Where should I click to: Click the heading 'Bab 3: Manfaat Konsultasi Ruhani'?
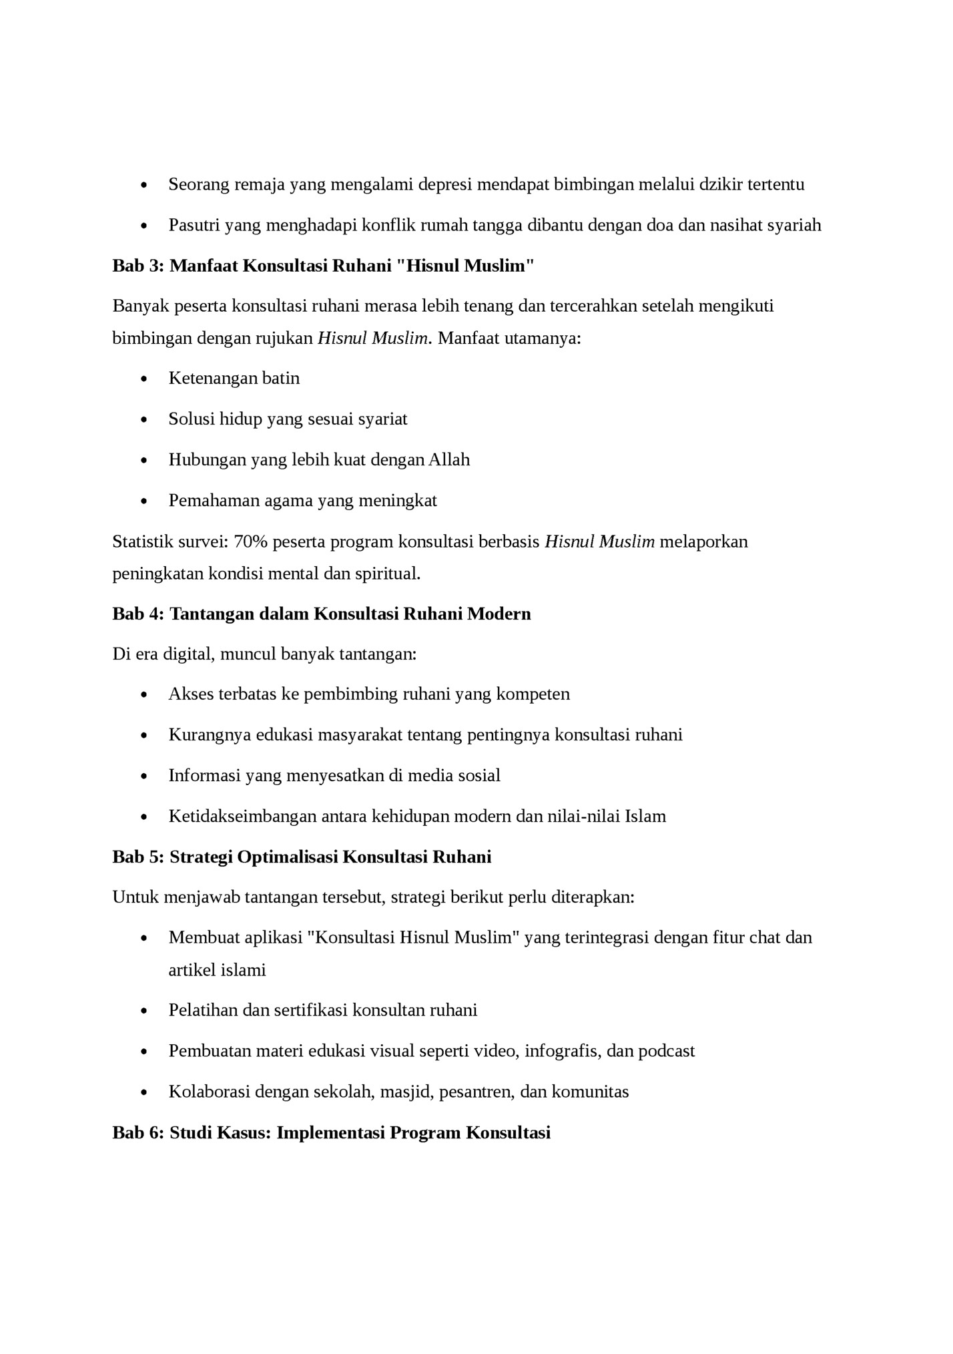coord(323,266)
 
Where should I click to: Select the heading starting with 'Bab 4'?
coord(321,614)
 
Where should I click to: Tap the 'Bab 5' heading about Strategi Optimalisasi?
coord(302,857)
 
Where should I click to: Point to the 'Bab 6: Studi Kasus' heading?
coord(331,1133)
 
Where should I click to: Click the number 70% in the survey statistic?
coord(250,541)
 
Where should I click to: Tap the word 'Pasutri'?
coord(194,225)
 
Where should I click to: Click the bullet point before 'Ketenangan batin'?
coord(145,379)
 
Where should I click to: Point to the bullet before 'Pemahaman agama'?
coord(145,501)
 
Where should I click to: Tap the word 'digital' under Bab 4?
coord(185,654)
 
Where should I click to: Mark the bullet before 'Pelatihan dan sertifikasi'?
coord(145,1011)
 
